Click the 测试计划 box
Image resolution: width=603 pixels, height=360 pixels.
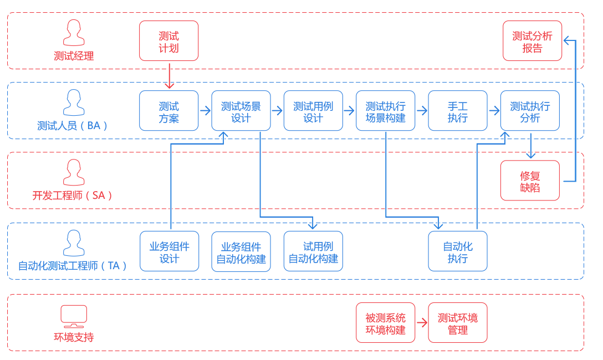169,41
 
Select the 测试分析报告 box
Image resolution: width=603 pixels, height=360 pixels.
532,41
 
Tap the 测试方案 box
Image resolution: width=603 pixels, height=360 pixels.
169,111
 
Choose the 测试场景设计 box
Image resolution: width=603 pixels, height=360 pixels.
241,111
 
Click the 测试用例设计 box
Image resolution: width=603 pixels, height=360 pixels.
313,111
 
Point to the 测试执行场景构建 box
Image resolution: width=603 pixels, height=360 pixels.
386,111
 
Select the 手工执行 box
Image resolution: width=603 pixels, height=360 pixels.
458,111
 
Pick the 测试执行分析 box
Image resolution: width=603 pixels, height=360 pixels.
530,111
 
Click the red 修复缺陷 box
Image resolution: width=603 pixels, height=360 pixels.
530,181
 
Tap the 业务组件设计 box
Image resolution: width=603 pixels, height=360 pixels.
169,251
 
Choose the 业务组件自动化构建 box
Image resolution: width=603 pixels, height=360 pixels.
241,251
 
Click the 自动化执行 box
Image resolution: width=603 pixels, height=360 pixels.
458,251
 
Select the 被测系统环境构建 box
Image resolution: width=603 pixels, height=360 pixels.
386,323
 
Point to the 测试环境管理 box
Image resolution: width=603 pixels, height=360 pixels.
458,323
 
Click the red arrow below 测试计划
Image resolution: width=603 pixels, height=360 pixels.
170,76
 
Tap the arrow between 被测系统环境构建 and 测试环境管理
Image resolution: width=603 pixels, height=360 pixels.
422,323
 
